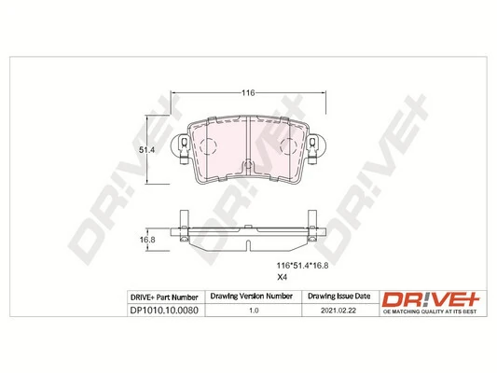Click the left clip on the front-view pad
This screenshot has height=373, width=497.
(x=184, y=150)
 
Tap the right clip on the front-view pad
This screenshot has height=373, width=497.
(x=316, y=150)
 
